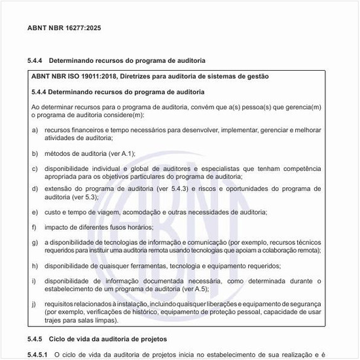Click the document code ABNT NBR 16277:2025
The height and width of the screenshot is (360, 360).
click(x=64, y=28)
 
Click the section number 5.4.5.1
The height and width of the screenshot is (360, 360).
click(x=38, y=354)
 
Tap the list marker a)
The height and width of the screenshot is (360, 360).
click(x=35, y=130)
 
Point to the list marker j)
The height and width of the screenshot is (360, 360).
click(x=35, y=304)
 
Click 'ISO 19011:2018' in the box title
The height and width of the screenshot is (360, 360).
click(x=90, y=77)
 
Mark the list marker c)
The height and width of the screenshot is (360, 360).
click(x=35, y=169)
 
